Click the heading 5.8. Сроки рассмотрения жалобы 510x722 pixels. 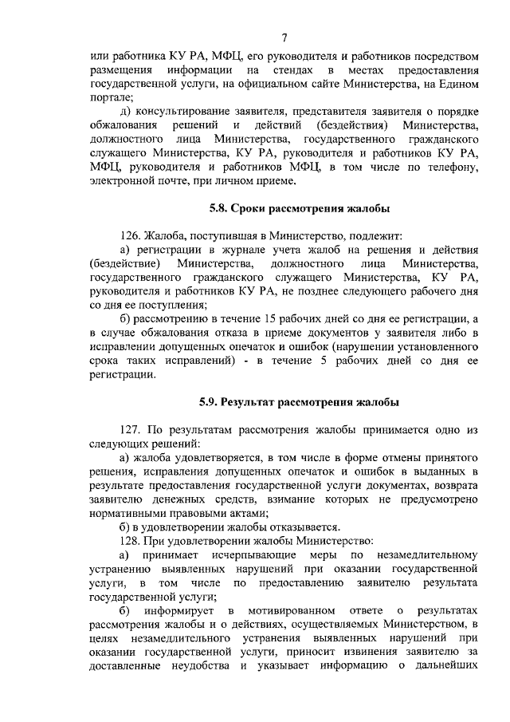tap(294, 210)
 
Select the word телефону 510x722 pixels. tap(452, 166)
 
